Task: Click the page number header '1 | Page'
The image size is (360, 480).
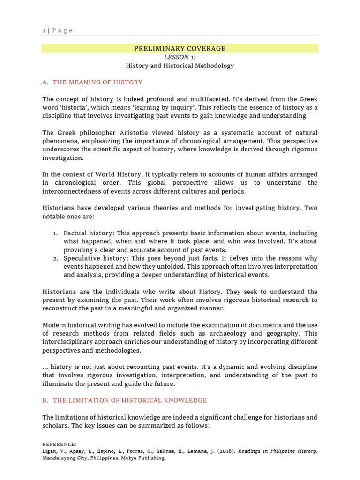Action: [57, 30]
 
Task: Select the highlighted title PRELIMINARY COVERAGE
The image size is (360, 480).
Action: [180, 48]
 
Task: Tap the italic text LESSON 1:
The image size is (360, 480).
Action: [180, 57]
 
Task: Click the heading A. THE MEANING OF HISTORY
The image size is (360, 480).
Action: [92, 82]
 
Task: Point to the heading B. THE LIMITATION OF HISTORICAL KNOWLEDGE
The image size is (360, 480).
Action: [124, 400]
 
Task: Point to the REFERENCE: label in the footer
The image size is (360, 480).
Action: [59, 444]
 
